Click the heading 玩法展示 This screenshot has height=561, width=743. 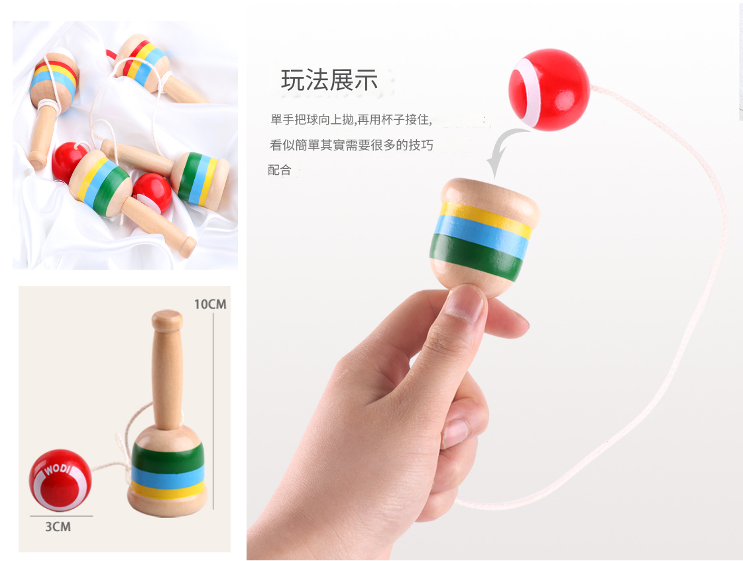point(329,79)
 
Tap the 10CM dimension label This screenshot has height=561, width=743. point(210,304)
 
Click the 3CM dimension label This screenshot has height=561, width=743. point(58,527)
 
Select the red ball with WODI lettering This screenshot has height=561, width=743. point(60,480)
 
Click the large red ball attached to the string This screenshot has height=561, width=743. point(549,89)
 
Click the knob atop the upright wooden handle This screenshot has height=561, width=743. point(167,321)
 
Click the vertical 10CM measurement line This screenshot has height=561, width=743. point(213,411)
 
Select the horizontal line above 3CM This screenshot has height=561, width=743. point(61,516)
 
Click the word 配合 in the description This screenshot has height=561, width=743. point(280,170)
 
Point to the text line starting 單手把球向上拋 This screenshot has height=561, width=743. point(351,120)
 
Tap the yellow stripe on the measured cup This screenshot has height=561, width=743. point(168,490)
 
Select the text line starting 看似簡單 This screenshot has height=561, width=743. point(351,145)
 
